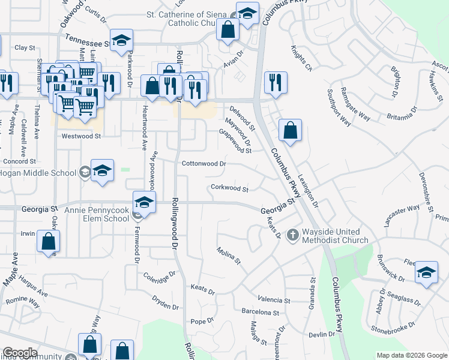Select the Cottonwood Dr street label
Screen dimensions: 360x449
coord(204,163)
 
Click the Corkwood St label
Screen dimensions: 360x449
coord(229,188)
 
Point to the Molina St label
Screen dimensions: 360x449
coord(229,257)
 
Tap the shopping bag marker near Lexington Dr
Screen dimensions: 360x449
coord(290,130)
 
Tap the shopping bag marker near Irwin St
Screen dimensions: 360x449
coord(48,242)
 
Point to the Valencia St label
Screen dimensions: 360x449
coord(274,300)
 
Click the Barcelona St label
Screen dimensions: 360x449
coord(260,313)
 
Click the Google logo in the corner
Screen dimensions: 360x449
coord(20,353)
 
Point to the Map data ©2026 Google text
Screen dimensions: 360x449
coord(411,355)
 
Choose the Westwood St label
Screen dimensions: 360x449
coord(81,136)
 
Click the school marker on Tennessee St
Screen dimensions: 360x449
coord(122,40)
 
